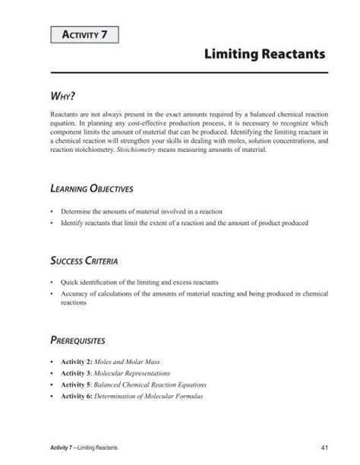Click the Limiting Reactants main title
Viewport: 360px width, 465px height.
[x=265, y=55]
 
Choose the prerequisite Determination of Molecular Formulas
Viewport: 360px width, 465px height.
[x=159, y=396]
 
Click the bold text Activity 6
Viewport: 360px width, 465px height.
[x=77, y=396]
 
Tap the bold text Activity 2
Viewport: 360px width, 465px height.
[x=77, y=362]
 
